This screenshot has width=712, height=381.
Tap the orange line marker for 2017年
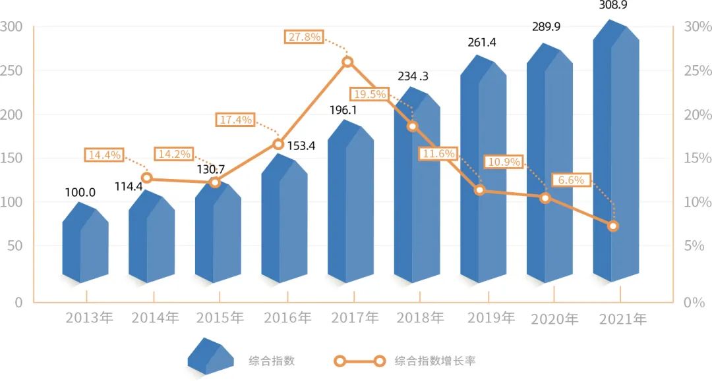(347, 62)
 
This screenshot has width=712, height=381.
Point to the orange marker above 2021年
(613, 226)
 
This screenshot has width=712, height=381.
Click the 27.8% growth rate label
(305, 37)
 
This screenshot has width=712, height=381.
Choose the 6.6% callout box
(570, 180)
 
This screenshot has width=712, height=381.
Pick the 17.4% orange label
(234, 119)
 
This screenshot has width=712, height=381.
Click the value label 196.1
(343, 110)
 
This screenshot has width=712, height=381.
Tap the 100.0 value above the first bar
(80, 192)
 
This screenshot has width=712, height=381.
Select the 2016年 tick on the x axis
(287, 318)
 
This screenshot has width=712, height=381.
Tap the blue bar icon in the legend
(211, 357)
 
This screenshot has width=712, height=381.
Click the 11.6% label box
(437, 153)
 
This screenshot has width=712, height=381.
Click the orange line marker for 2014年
(147, 178)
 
